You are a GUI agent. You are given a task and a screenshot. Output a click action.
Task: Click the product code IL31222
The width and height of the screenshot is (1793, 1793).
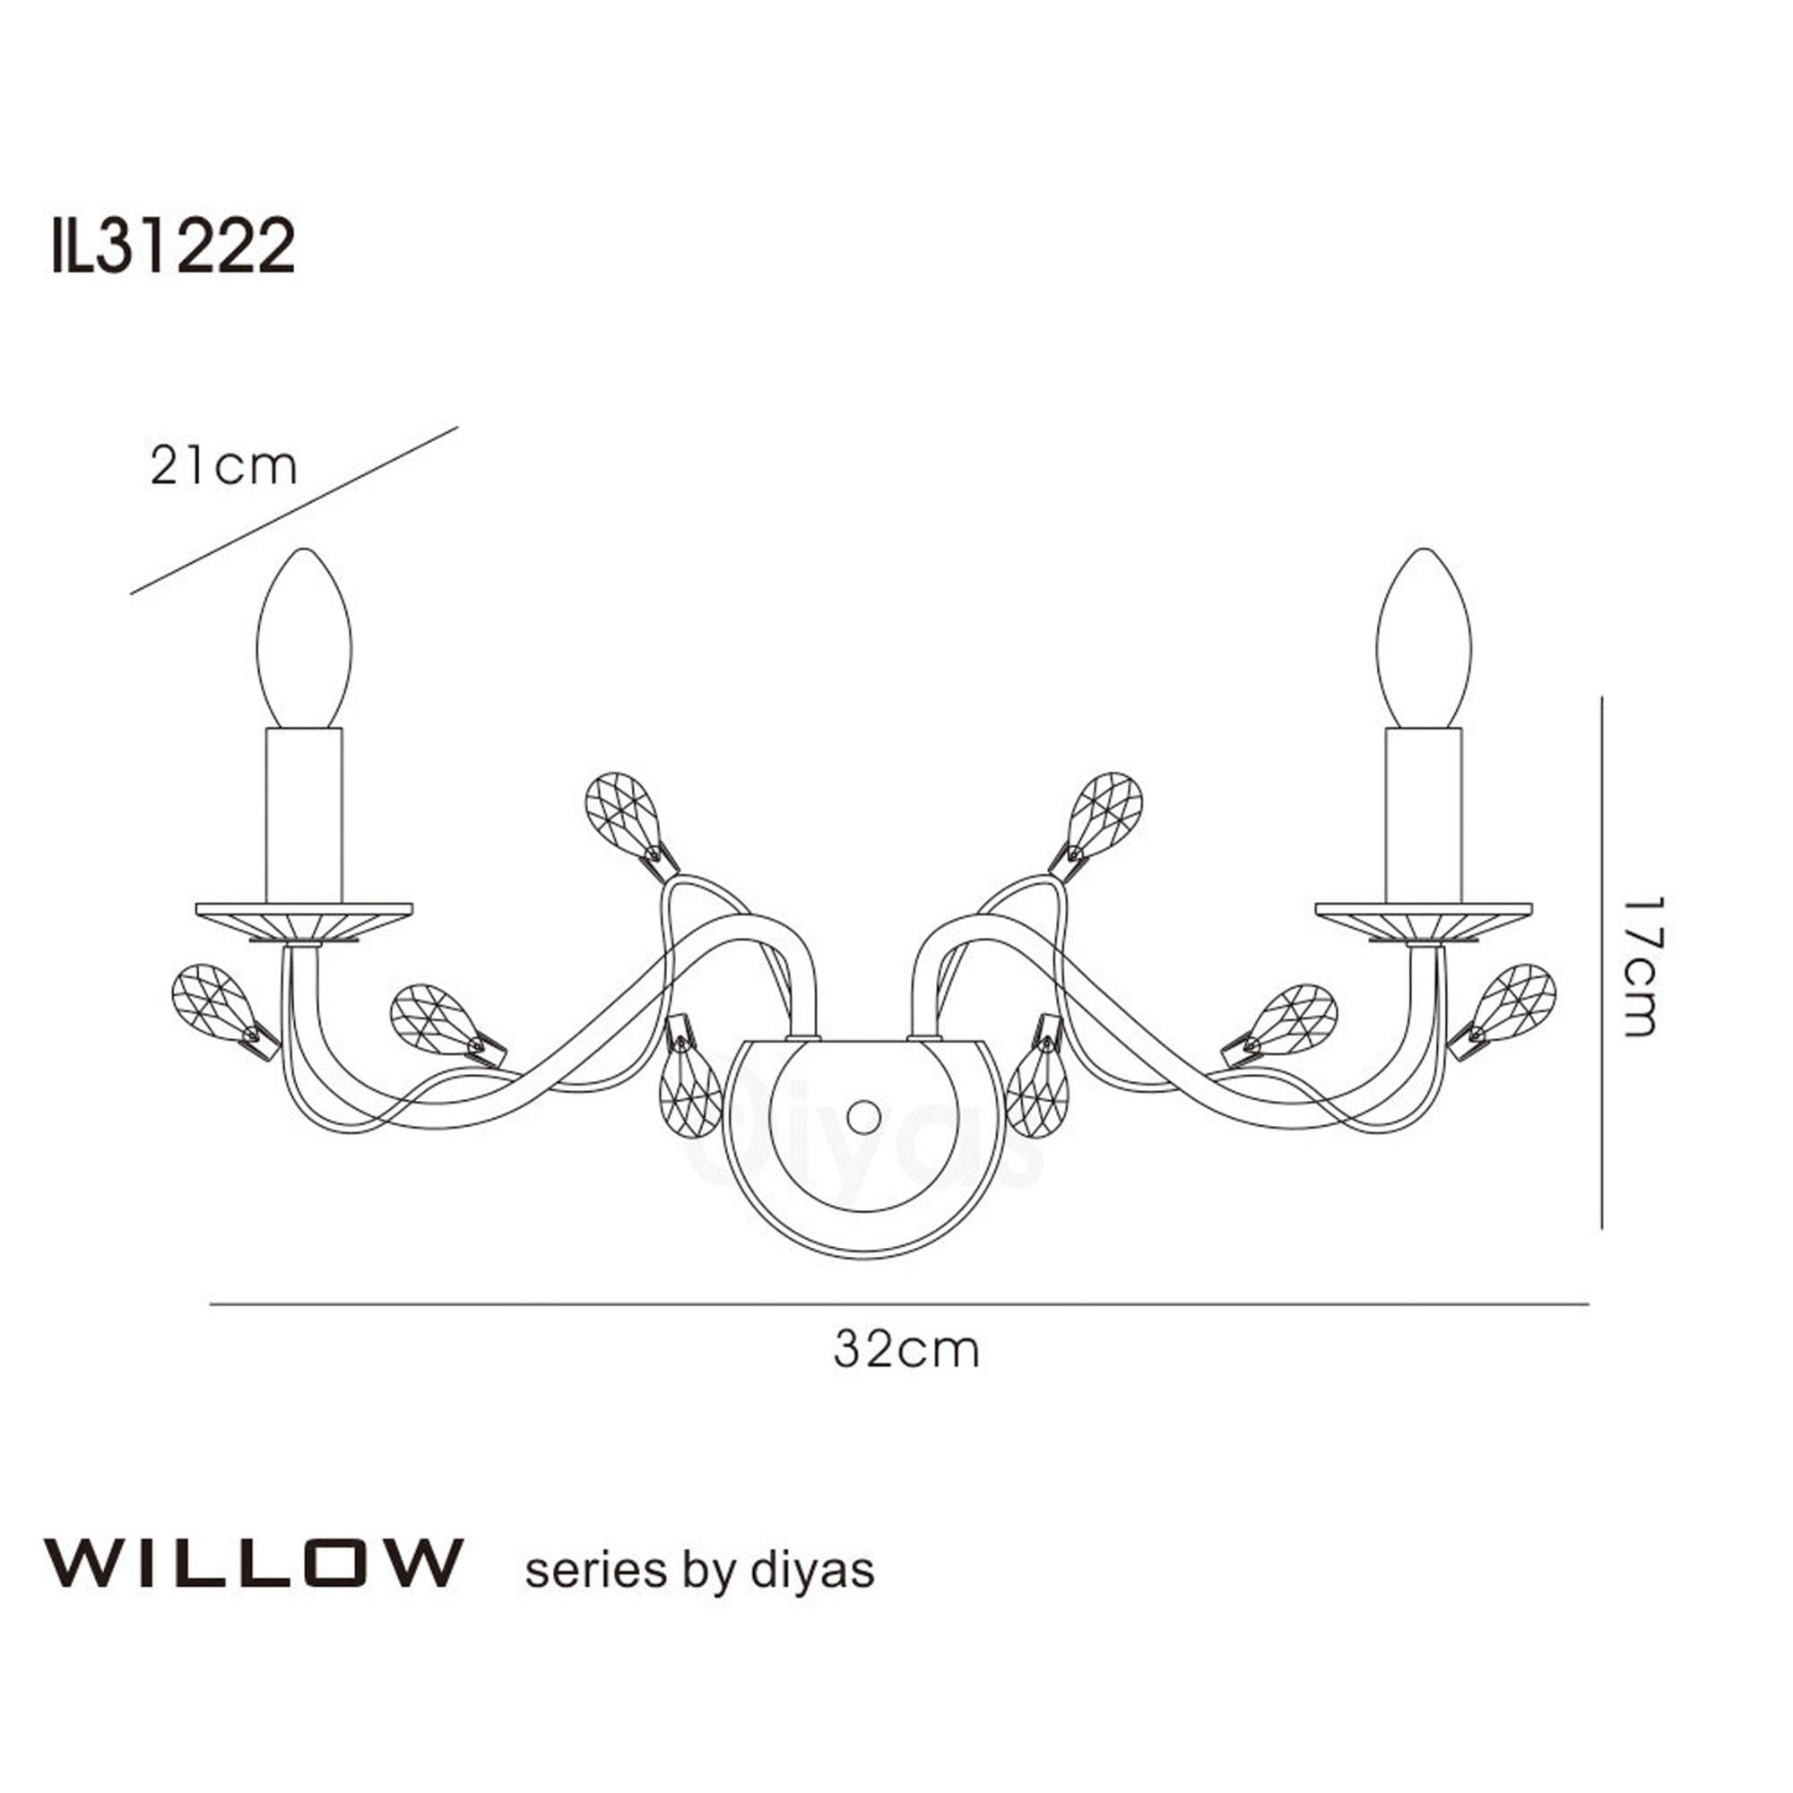pos(174,246)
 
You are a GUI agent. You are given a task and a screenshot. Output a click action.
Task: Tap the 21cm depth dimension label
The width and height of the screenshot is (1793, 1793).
pos(223,467)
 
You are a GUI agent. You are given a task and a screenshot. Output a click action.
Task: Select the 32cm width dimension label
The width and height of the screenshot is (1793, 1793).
pos(905,1350)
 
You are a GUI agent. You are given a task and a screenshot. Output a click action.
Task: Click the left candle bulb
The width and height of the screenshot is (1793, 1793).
pos(305,640)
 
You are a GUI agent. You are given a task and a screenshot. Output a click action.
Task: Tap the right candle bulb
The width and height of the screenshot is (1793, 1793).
pos(1425,640)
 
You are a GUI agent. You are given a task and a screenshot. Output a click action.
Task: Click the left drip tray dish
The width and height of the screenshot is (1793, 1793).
pos(305,921)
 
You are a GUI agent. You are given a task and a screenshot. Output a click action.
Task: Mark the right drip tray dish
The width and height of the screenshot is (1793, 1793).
pos(1424,921)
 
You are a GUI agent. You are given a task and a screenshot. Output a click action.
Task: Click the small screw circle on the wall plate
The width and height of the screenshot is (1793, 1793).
pos(864,1116)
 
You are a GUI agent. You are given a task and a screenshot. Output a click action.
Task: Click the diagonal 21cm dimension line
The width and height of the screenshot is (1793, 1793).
pos(294,510)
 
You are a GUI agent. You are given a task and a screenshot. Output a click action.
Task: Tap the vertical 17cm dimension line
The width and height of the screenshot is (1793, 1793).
pos(1603,966)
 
